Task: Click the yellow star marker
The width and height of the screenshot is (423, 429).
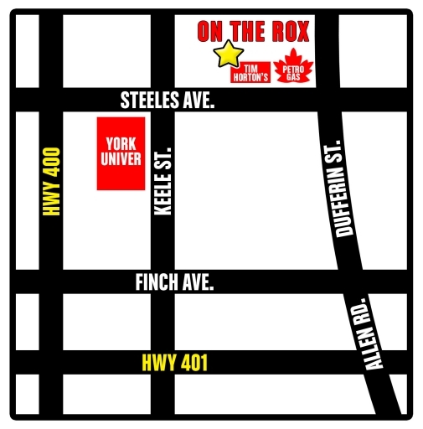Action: tap(226, 54)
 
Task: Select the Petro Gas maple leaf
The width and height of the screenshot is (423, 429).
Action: tap(291, 70)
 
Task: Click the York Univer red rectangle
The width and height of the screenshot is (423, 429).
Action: tap(119, 152)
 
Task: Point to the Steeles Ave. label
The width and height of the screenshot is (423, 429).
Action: tap(168, 101)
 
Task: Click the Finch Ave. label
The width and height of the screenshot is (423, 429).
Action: tap(174, 283)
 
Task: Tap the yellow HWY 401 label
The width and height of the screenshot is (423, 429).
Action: tap(173, 363)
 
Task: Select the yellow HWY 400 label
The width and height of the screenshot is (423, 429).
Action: tap(54, 182)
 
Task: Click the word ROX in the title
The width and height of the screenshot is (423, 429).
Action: tap(286, 33)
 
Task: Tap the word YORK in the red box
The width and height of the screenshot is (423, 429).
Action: tap(119, 143)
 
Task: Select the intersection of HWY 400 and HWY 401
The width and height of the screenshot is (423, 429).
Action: tap(50, 362)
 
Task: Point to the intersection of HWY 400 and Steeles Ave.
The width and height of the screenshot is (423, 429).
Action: tap(50, 100)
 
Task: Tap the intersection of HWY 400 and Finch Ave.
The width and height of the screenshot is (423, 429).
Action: tap(50, 282)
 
